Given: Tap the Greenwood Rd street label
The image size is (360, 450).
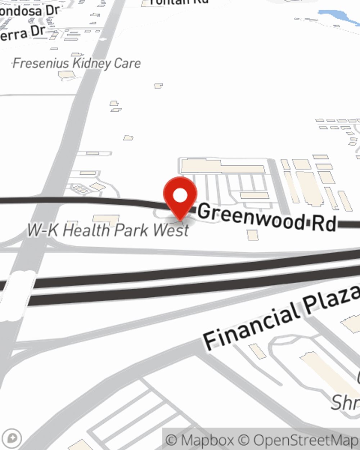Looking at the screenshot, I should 267,217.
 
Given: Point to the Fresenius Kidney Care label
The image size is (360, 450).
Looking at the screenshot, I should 77,64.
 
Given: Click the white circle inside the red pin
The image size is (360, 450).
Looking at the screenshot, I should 180,195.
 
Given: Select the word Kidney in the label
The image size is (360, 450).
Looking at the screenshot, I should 92,64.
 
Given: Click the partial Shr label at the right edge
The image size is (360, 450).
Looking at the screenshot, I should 345,402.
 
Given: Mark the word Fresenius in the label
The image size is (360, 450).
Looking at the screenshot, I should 41,64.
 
